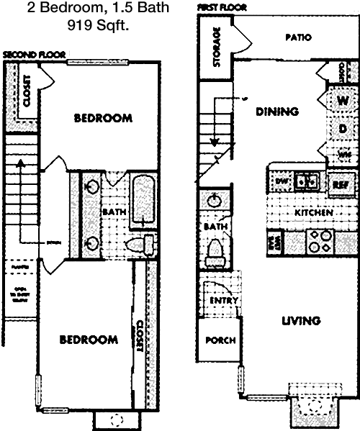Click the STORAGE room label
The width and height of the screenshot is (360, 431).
pyautogui.click(x=216, y=48)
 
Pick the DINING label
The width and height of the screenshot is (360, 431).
pyautogui.click(x=277, y=112)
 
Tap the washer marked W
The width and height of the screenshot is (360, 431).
pyautogui.click(x=343, y=101)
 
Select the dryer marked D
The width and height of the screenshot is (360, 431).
pyautogui.click(x=343, y=128)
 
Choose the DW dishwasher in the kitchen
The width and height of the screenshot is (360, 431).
pyautogui.click(x=281, y=182)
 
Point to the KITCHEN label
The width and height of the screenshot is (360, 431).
pyautogui.click(x=313, y=213)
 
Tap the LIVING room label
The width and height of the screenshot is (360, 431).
pyautogui.click(x=300, y=321)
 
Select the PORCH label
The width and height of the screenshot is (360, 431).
pyautogui.click(x=220, y=340)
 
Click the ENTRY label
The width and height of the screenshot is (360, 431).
pyautogui.click(x=219, y=301)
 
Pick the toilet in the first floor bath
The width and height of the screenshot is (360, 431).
pyautogui.click(x=215, y=252)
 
